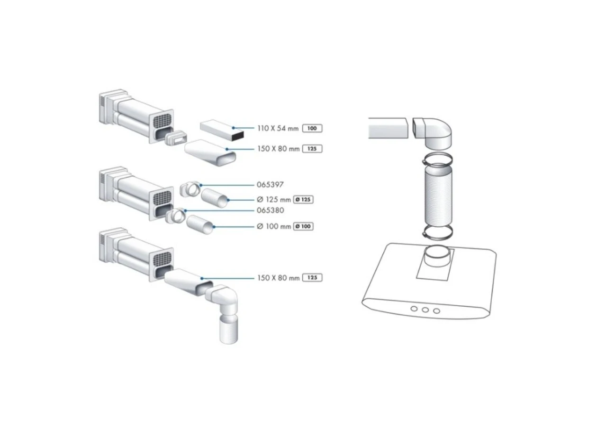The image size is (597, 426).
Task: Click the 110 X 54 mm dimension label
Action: click(x=278, y=128)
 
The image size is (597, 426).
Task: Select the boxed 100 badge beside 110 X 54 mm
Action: click(x=312, y=128)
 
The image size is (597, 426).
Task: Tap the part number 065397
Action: click(x=270, y=185)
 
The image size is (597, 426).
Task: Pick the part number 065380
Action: click(x=270, y=210)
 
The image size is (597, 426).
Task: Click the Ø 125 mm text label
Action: click(x=274, y=199)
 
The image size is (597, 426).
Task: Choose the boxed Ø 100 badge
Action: click(x=303, y=226)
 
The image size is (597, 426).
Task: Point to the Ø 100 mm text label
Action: click(x=274, y=226)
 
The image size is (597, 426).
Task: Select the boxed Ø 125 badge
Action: click(x=303, y=199)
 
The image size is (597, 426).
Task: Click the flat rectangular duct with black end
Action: click(x=222, y=131)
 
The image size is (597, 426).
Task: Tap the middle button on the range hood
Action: click(x=425, y=310)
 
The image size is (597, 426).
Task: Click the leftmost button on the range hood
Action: click(x=414, y=309)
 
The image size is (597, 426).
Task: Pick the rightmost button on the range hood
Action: click(x=436, y=311)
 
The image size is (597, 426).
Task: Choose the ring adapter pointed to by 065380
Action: click(x=175, y=215)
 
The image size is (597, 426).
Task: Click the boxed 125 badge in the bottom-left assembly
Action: click(x=312, y=278)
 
